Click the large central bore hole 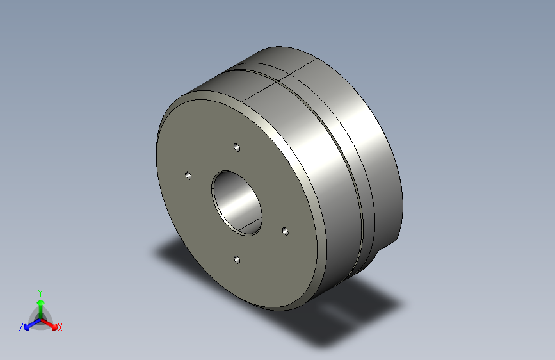tap(237, 203)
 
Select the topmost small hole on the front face tap(237, 147)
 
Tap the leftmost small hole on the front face tap(188, 176)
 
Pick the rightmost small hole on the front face tap(286, 231)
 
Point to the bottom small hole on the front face tap(237, 259)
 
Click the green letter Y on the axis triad tap(40, 293)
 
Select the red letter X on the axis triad tap(60, 327)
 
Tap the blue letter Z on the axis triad tap(21, 327)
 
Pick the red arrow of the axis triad tap(49, 324)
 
